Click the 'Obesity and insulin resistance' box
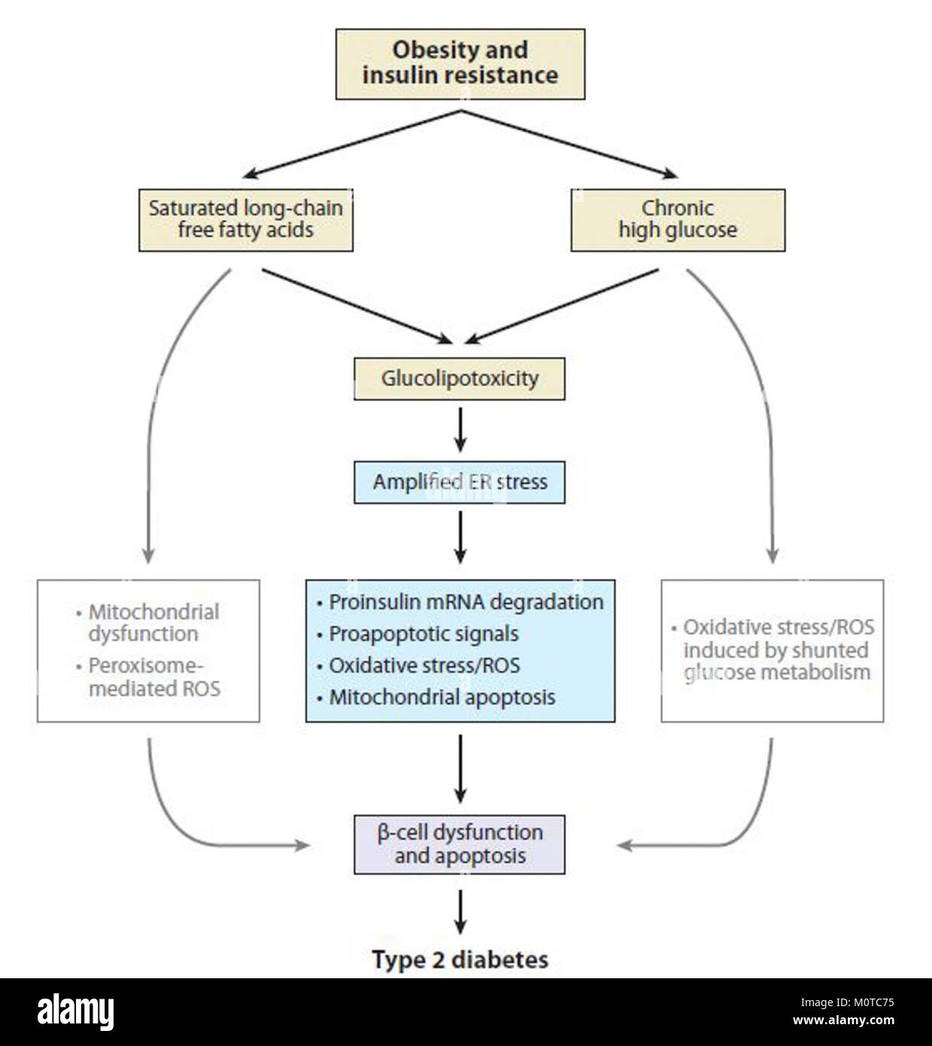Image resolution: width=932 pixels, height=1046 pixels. pyautogui.click(x=460, y=64)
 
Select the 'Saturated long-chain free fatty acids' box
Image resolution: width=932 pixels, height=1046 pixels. pyautogui.click(x=245, y=220)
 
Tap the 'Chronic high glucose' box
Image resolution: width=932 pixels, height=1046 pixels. pyautogui.click(x=678, y=220)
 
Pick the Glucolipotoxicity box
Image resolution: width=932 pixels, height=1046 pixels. pyautogui.click(x=460, y=379)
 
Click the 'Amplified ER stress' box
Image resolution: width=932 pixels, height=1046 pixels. pyautogui.click(x=460, y=482)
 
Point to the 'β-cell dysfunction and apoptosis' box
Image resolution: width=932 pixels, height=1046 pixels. pyautogui.click(x=460, y=844)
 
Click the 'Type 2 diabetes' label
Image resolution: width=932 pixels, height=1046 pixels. pyautogui.click(x=460, y=959)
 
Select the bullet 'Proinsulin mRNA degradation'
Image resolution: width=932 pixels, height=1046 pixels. pyautogui.click(x=466, y=602)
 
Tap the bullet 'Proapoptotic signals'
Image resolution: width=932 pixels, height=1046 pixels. pyautogui.click(x=423, y=634)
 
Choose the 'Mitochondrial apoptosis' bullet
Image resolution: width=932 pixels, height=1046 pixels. pyautogui.click(x=442, y=697)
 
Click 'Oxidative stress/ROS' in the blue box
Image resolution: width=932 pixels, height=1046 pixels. pyautogui.click(x=424, y=665)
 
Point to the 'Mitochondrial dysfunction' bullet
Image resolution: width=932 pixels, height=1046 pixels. pyautogui.click(x=153, y=622)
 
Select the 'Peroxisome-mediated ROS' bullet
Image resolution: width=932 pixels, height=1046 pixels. pyautogui.click(x=153, y=677)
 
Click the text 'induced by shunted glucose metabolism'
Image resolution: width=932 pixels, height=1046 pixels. pyautogui.click(x=776, y=661)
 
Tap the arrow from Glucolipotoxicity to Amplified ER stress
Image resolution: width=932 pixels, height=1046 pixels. pyautogui.click(x=460, y=430)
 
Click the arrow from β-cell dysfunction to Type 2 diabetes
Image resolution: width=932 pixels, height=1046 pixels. pyautogui.click(x=460, y=911)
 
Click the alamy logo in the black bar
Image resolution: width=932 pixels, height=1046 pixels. pyautogui.click(x=75, y=1011)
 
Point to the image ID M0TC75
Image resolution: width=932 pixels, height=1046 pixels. pyautogui.click(x=846, y=1002)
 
